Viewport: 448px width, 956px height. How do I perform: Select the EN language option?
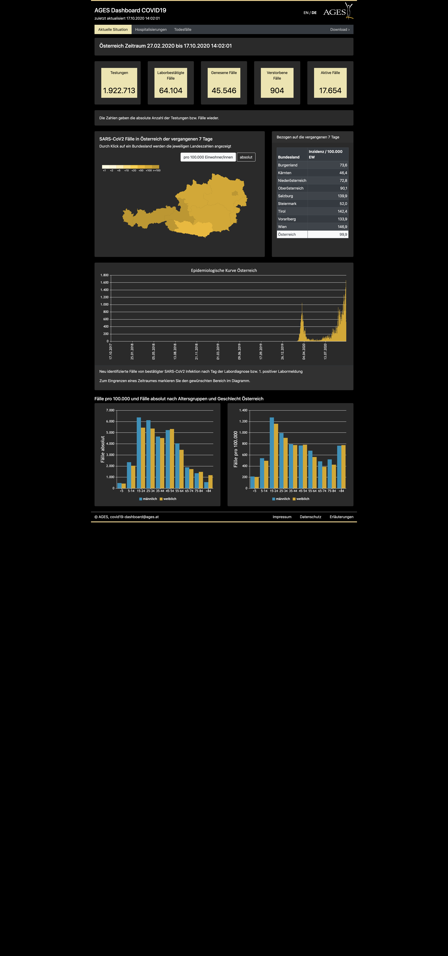306,13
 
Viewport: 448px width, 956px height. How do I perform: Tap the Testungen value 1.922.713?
119,91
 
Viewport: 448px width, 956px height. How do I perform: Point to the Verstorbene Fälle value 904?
277,91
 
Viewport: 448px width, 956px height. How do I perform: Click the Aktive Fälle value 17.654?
330,91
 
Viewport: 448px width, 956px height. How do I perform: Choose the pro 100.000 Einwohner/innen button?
208,157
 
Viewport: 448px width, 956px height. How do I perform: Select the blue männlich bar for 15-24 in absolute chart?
139,453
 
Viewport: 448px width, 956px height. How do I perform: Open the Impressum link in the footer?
282,517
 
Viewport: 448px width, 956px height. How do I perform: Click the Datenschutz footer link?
310,517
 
